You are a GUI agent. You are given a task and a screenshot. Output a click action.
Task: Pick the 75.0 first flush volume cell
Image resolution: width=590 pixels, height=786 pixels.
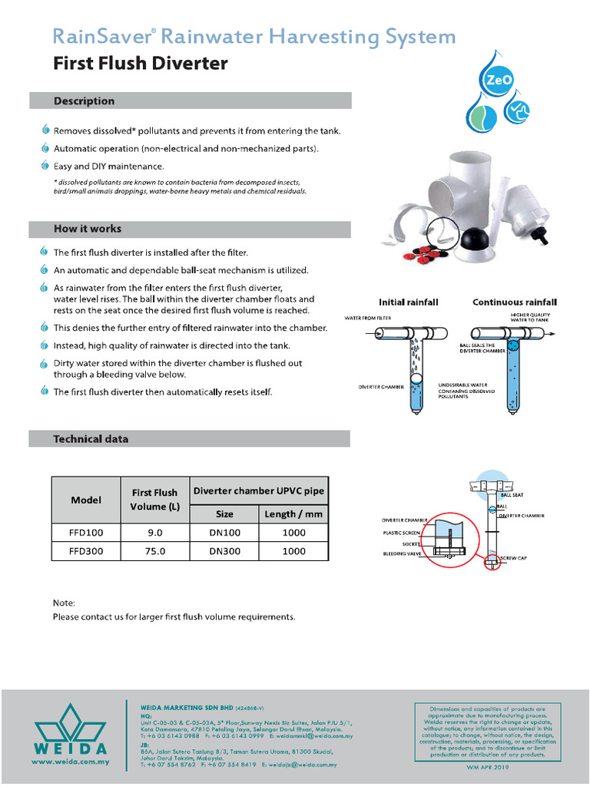click(154, 551)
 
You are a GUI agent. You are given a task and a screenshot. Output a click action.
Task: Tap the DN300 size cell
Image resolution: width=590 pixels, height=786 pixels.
click(224, 551)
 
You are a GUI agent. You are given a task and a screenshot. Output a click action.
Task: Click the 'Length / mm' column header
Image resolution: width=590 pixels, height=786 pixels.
click(294, 514)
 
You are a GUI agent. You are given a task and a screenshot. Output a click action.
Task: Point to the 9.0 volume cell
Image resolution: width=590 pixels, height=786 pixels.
click(154, 531)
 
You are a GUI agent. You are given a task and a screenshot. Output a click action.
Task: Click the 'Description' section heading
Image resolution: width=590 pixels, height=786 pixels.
click(84, 101)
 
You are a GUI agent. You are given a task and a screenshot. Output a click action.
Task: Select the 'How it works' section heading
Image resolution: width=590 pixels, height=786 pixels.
click(87, 229)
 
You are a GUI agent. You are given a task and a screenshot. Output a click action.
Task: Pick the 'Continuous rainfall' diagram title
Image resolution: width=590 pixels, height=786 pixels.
click(514, 302)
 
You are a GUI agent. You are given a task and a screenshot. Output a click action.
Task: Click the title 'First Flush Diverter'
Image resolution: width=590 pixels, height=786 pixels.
click(141, 64)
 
